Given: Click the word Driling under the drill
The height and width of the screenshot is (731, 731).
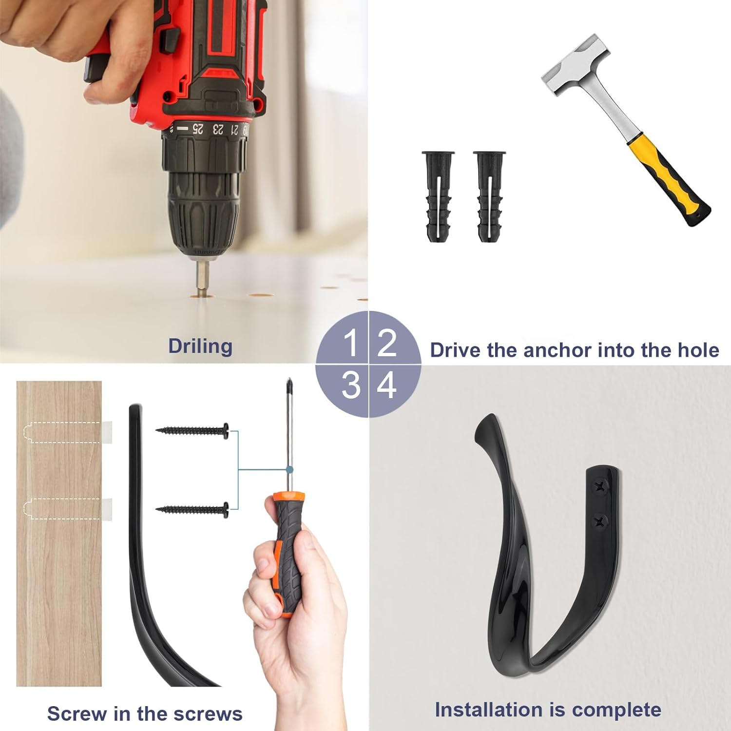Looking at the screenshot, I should coord(200,346).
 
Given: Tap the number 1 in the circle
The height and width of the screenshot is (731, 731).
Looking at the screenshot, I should coord(350,343).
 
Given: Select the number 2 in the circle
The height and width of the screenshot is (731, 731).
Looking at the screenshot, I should coord(387,343).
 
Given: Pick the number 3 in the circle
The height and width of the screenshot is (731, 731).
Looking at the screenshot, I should coord(350,385).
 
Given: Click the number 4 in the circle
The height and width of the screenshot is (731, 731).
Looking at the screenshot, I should coord(387,385).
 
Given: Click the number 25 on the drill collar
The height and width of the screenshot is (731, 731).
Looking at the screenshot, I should coord(197,129).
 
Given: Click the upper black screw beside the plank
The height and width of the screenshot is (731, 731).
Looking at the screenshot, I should coord(193,430).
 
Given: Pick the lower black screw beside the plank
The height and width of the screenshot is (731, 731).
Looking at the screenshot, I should coord(193,510).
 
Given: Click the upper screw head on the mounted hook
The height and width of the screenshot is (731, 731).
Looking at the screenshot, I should coord(600,486).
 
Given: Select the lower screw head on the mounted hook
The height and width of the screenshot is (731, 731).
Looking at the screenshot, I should coord(600,522).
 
